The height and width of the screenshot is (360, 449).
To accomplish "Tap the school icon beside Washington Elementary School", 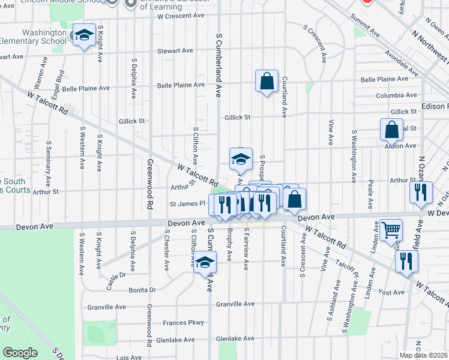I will (x=84, y=35).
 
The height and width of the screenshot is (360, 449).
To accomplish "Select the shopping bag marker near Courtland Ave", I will (x=267, y=81).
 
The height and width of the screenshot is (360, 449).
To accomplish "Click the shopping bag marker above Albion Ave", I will (x=391, y=130).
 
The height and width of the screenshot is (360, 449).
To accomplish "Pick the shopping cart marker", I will (x=391, y=230).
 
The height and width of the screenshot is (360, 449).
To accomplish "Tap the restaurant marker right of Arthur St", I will (x=420, y=192).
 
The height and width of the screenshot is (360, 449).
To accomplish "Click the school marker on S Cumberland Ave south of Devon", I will (x=205, y=262).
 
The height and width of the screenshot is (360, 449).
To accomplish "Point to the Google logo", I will (x=20, y=353).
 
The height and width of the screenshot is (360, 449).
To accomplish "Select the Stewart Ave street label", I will (x=173, y=52).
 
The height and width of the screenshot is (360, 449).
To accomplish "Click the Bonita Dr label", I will (x=142, y=289).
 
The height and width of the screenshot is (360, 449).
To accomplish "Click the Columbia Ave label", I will (x=396, y=95).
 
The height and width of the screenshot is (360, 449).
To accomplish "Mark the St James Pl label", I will (x=187, y=203).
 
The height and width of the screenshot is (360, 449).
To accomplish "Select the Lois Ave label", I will (x=130, y=356).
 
